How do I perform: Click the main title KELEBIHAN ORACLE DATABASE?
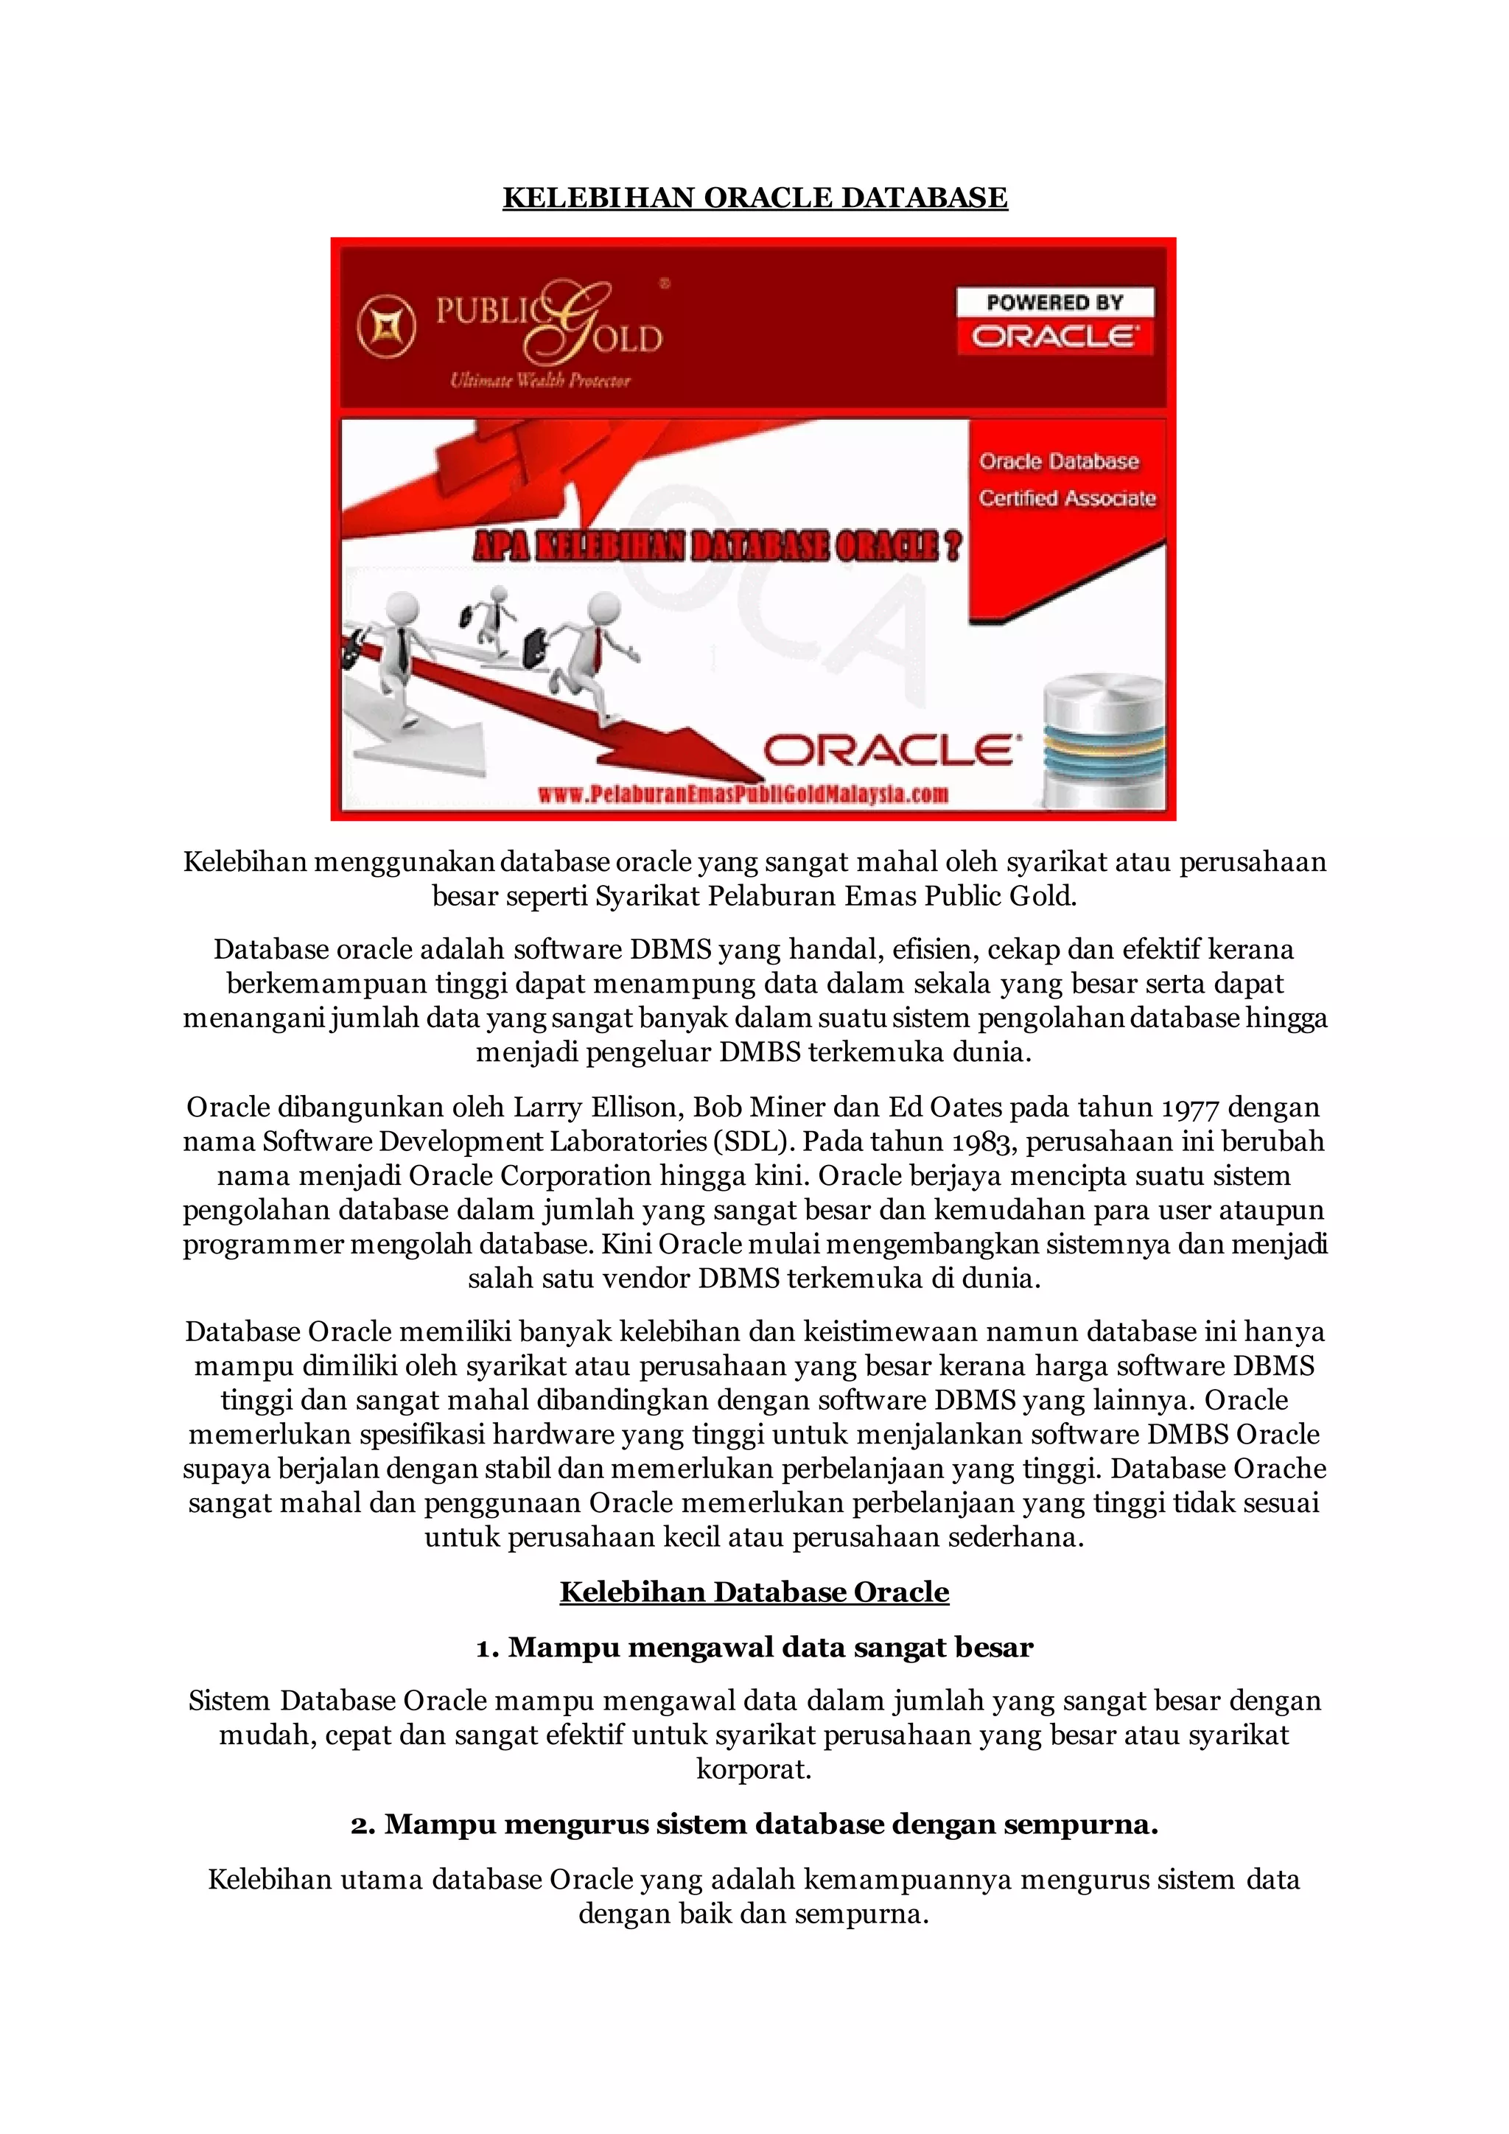[x=754, y=198]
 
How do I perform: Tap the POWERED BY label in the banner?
[x=1054, y=302]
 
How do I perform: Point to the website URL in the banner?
[x=743, y=794]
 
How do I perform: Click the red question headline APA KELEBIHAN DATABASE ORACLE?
[x=718, y=547]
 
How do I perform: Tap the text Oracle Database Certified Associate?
[x=1065, y=480]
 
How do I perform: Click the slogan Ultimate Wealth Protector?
[x=540, y=380]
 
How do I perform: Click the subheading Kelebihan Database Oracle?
[x=754, y=1592]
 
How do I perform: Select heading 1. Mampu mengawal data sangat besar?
[x=754, y=1648]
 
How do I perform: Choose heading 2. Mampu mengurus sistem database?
[x=754, y=1825]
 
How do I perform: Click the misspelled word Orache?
[x=1278, y=1469]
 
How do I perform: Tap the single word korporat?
[x=754, y=1769]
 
